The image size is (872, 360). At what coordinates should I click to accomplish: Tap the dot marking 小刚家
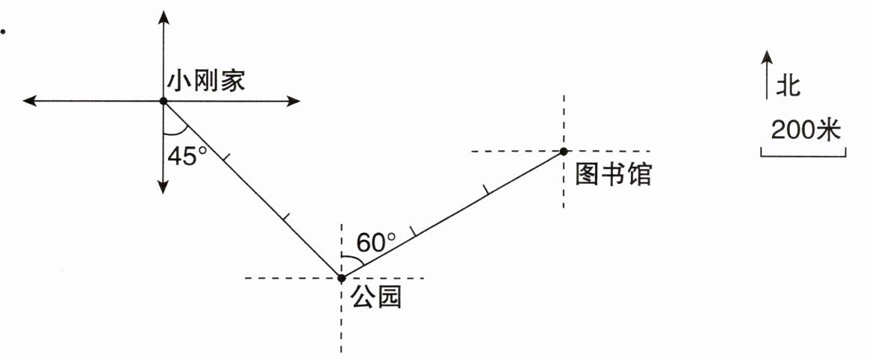click(x=163, y=101)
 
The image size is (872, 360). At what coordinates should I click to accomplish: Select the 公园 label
click(x=376, y=298)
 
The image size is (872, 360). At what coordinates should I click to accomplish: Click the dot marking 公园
click(x=341, y=278)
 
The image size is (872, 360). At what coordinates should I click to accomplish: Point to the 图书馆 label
click(x=614, y=175)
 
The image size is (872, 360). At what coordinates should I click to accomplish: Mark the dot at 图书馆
click(x=564, y=152)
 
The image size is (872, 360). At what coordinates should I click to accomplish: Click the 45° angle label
click(x=187, y=156)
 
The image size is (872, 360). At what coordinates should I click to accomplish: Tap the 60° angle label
click(x=376, y=243)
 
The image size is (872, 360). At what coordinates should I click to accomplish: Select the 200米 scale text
click(x=805, y=131)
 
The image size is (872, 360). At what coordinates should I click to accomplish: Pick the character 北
click(x=788, y=84)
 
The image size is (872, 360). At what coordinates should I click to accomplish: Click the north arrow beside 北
click(x=767, y=75)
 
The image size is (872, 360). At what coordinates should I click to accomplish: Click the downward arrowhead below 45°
click(x=163, y=187)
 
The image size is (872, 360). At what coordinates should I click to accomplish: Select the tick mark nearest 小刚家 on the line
click(x=226, y=158)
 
